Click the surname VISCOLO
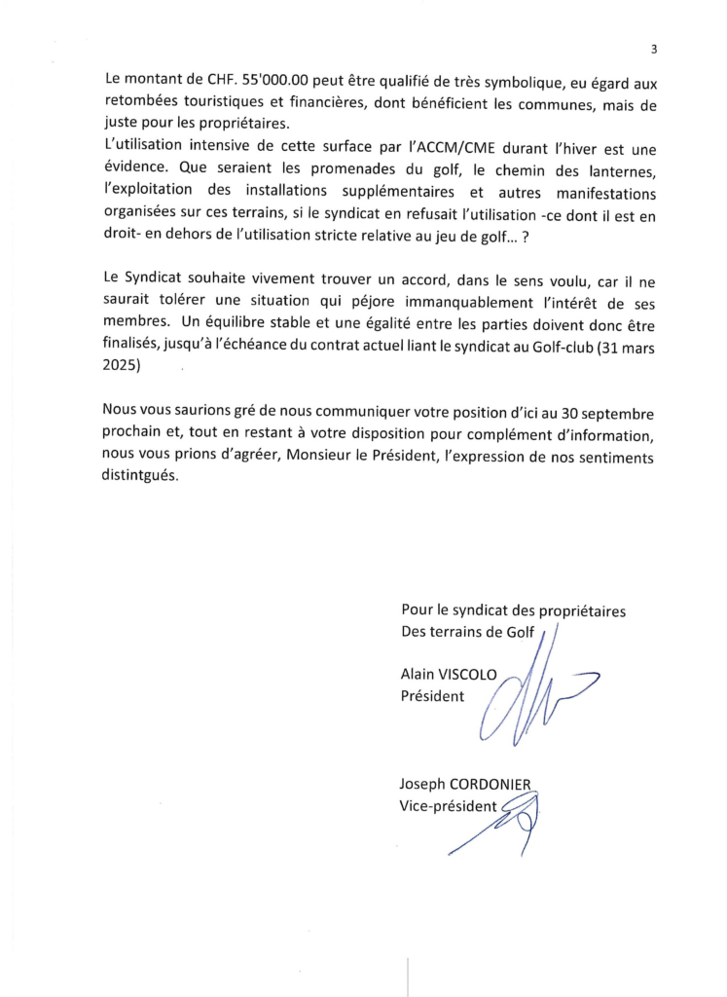tap(473, 674)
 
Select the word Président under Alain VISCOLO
tap(432, 696)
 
